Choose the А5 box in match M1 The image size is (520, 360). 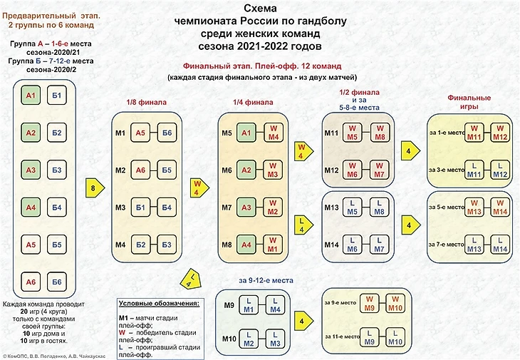pos(140,133)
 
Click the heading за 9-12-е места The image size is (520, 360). pos(266,279)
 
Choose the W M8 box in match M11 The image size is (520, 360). pos(380,133)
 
